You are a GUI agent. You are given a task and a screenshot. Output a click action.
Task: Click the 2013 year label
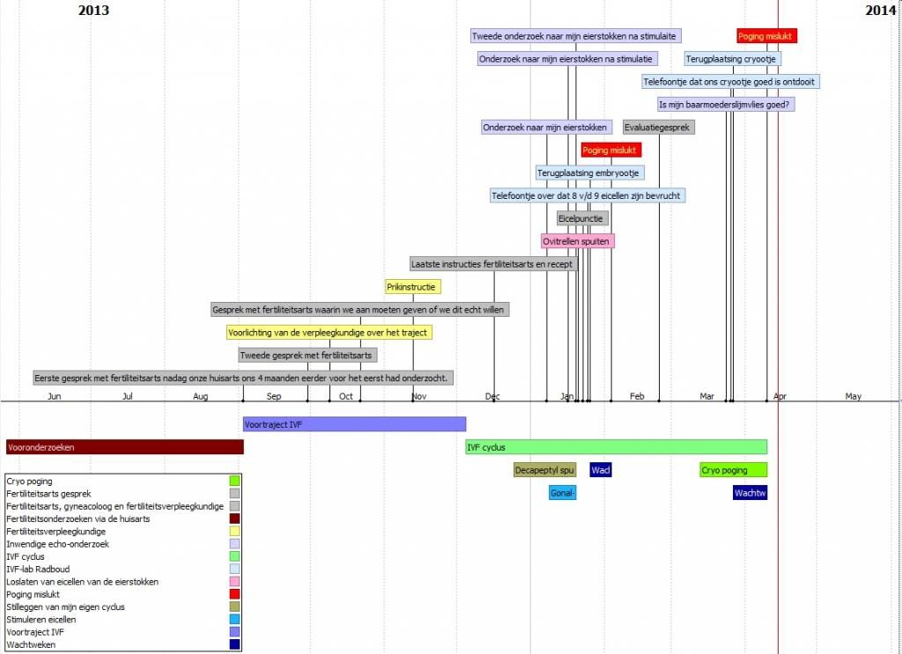[x=93, y=11]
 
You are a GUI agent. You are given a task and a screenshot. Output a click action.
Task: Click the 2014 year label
[x=880, y=11]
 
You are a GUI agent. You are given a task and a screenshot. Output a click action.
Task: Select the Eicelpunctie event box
[x=581, y=218]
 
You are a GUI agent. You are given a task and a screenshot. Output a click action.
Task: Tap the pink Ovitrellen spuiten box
[x=577, y=241]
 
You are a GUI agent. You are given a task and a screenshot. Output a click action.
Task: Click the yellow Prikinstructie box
[x=412, y=287]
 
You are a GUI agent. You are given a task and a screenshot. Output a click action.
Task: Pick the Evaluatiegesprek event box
[x=658, y=128]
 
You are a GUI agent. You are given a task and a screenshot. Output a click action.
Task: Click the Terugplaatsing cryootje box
[x=732, y=59]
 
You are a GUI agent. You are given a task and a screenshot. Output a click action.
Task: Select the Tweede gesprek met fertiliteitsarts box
[x=307, y=356]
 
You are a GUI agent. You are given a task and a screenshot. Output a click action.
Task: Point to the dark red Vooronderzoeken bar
[x=124, y=447]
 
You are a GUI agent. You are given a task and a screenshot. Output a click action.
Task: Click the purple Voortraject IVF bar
[x=354, y=424]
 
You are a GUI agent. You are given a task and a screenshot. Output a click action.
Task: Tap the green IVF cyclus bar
[x=616, y=447]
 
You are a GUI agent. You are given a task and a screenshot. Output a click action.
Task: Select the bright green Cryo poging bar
[x=734, y=470]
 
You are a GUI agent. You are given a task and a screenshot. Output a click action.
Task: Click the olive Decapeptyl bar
[x=544, y=470]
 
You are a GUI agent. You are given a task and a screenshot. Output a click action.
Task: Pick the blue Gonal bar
[x=562, y=493]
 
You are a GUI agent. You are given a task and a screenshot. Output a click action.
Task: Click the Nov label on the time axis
[x=418, y=397]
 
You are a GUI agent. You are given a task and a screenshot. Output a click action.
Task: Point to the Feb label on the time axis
[x=637, y=397]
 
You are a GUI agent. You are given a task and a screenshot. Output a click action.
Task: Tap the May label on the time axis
[x=853, y=397]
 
